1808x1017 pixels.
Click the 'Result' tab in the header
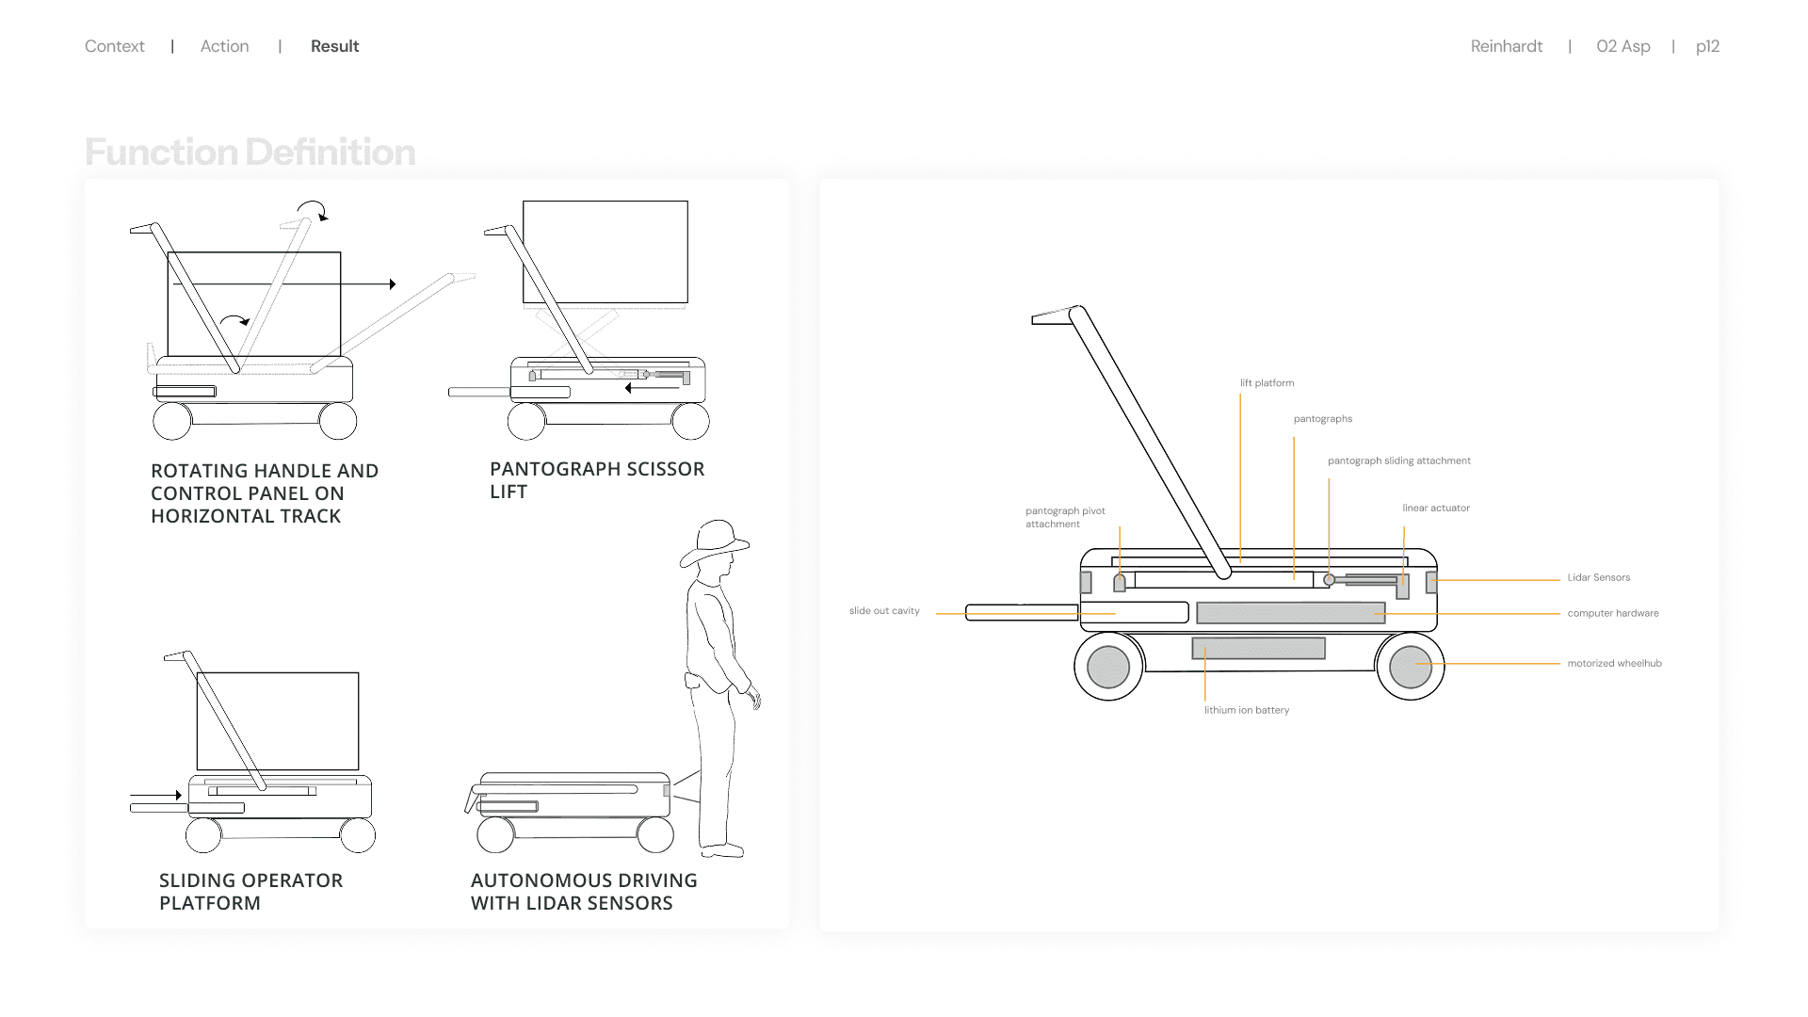(334, 46)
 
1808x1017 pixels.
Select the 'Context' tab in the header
(114, 46)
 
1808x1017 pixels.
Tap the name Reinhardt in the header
(1506, 46)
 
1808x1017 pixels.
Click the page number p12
(1707, 46)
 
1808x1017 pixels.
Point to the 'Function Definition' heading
(250, 153)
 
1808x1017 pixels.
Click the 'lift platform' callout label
(1267, 383)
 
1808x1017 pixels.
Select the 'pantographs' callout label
(1322, 419)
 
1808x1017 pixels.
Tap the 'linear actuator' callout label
(1435, 508)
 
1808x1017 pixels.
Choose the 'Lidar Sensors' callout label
(1598, 578)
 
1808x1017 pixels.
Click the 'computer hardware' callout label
(1612, 613)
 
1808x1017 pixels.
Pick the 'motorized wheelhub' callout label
(1614, 664)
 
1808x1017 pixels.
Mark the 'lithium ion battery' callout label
(1246, 710)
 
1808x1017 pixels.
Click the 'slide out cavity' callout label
(884, 611)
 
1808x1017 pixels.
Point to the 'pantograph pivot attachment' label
(1065, 518)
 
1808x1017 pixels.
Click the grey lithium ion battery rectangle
(1258, 648)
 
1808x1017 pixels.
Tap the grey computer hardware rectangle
(1290, 613)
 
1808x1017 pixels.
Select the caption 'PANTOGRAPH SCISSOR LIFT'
(596, 480)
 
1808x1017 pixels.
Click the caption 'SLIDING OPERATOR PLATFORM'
(250, 892)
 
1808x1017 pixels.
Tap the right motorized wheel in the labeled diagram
(1410, 667)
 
